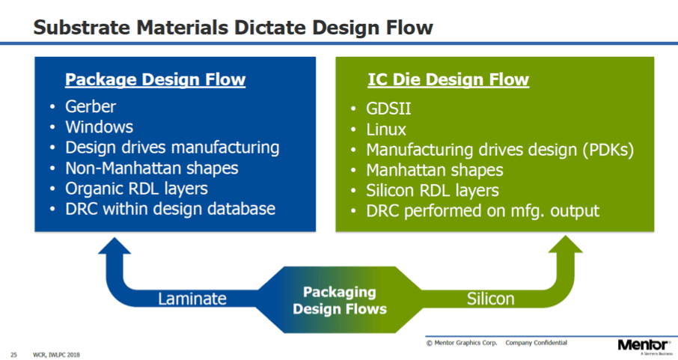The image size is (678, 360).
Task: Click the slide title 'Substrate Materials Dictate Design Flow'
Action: (233, 27)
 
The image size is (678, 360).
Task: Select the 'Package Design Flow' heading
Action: (155, 79)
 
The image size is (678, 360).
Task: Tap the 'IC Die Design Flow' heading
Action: (448, 79)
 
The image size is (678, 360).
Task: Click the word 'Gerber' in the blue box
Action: (91, 106)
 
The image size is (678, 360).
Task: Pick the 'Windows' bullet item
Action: (99, 126)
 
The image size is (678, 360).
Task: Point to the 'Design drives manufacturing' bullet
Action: (172, 147)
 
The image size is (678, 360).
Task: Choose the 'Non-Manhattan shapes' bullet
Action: (152, 168)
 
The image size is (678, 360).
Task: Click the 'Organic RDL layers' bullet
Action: (137, 189)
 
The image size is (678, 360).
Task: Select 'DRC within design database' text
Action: (171, 209)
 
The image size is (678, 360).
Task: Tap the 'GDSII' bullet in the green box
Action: (388, 109)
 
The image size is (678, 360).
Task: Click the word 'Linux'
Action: (386, 129)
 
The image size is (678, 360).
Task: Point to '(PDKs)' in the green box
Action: (608, 150)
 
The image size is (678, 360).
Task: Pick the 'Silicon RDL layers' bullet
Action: (433, 190)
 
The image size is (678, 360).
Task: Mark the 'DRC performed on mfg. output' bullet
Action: (483, 211)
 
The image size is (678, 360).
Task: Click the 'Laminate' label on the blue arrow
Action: (192, 299)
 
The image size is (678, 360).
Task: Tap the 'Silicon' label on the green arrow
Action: (490, 299)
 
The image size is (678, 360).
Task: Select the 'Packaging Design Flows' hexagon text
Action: (340, 300)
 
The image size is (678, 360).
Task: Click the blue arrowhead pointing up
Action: (114, 245)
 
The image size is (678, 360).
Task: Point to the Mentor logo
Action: (644, 345)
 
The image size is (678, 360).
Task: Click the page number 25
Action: (13, 355)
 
